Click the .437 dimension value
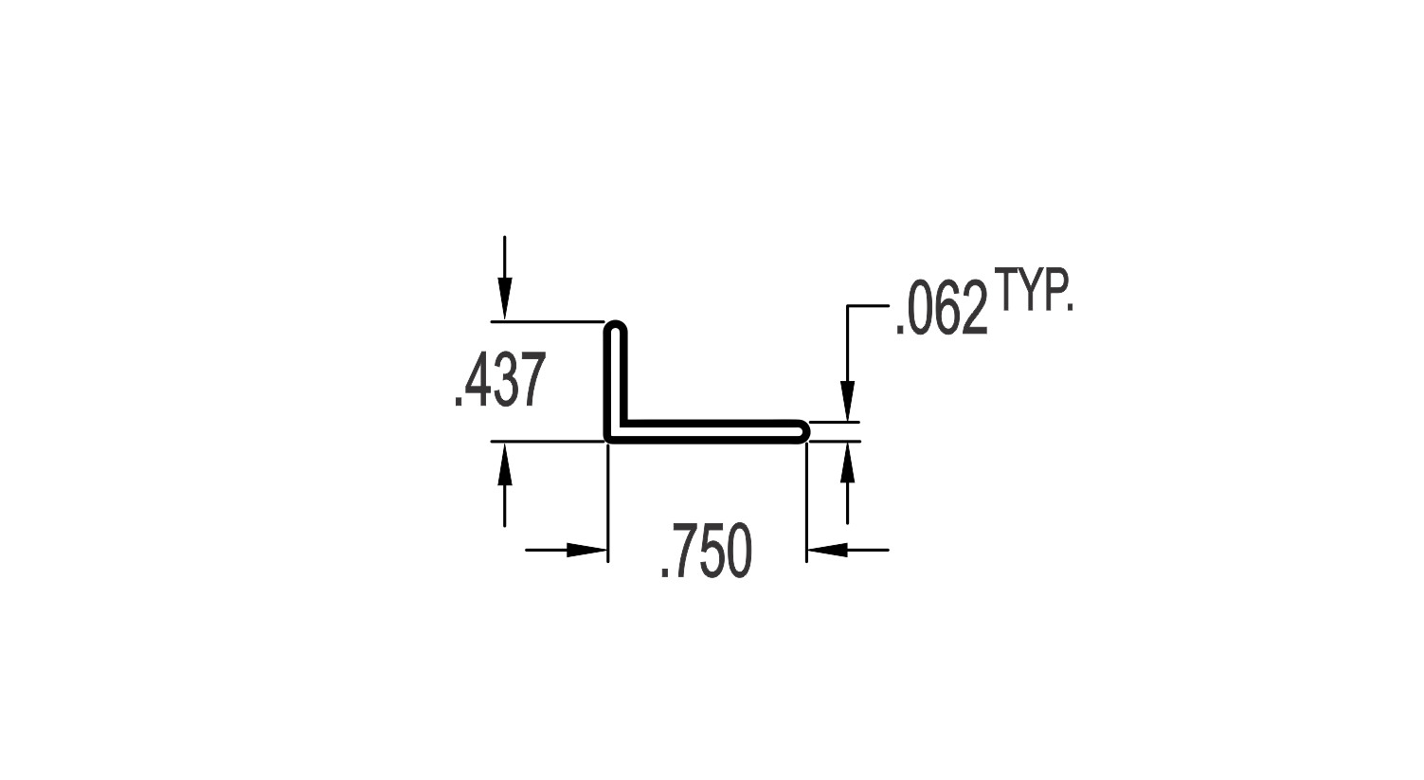click(500, 379)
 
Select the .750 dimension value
click(706, 551)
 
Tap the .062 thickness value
click(942, 309)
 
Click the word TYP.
click(1034, 290)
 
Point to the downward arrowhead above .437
click(505, 299)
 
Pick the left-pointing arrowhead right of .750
click(828, 550)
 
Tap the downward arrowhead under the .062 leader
click(847, 401)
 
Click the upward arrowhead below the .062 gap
click(847, 463)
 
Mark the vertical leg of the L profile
click(616, 381)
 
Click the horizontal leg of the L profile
click(706, 431)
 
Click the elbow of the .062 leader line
click(847, 306)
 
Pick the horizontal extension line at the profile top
click(548, 322)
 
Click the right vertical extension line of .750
click(806, 502)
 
